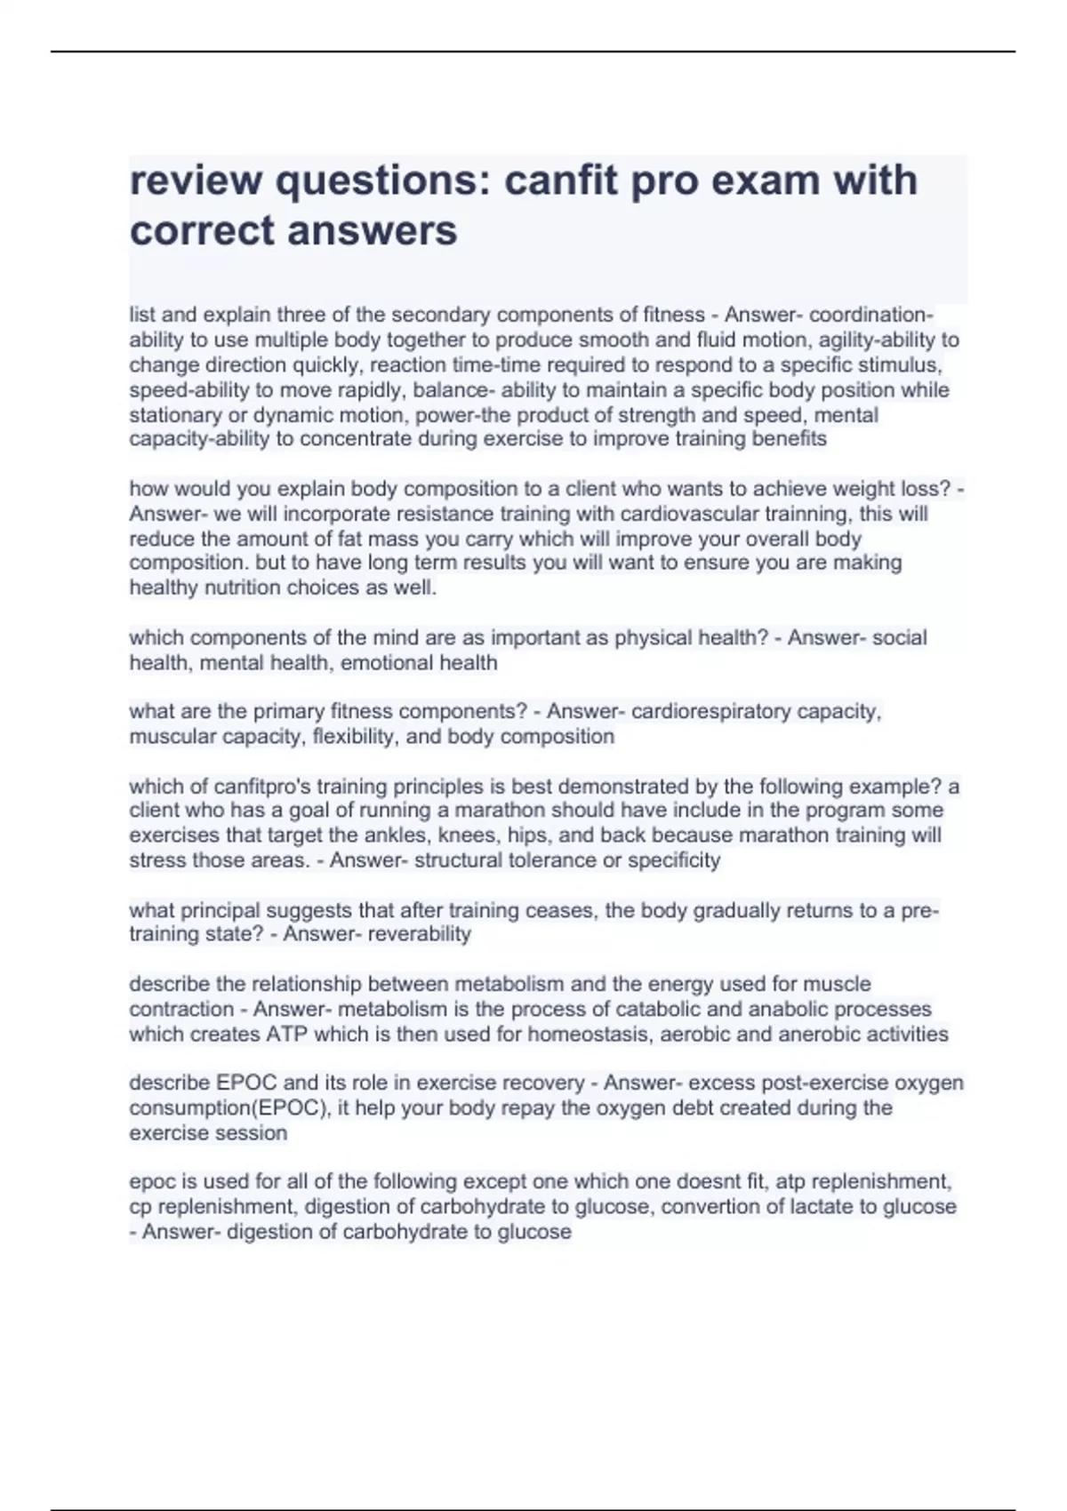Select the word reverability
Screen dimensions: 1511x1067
pyautogui.click(x=419, y=934)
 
